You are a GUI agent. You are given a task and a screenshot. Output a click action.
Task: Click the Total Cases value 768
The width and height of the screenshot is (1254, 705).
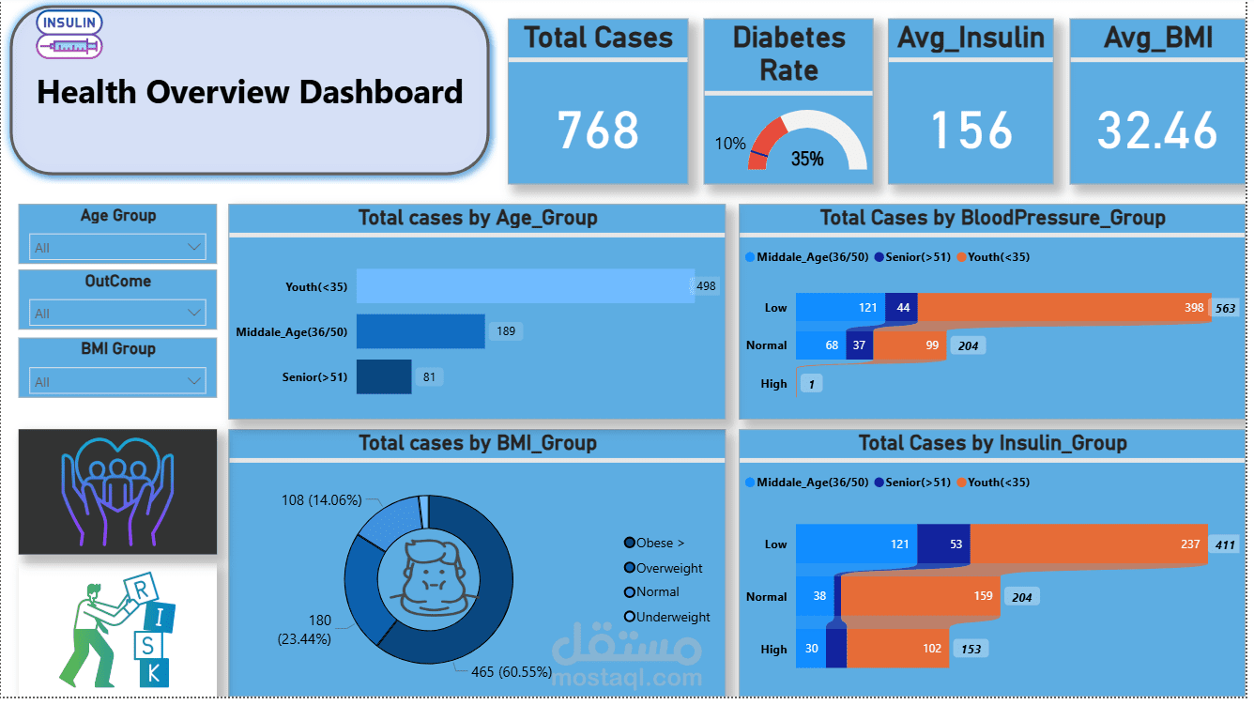point(598,130)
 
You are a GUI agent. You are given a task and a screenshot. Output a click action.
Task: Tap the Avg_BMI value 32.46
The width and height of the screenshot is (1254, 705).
point(1157,130)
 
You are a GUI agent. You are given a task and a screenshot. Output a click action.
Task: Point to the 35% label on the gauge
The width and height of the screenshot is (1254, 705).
point(807,159)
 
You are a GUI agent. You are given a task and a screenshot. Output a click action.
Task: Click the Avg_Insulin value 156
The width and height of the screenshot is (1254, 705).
point(971,130)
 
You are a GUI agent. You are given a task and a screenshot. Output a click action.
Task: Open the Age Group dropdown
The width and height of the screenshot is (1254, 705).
point(118,248)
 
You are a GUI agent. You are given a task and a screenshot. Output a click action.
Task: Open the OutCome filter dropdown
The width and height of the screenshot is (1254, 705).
point(118,314)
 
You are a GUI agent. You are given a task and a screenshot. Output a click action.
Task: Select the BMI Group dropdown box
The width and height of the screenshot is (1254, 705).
point(118,382)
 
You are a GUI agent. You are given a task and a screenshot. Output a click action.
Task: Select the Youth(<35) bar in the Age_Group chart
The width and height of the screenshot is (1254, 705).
point(526,286)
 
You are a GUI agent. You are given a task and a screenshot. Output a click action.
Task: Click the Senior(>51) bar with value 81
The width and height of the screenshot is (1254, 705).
point(384,377)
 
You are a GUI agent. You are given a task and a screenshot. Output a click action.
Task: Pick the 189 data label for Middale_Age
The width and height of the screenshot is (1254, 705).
point(506,331)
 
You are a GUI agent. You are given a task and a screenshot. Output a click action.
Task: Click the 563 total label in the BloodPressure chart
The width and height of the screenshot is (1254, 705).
point(1226,308)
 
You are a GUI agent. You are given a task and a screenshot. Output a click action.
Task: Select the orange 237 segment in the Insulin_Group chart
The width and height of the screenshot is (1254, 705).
point(1089,544)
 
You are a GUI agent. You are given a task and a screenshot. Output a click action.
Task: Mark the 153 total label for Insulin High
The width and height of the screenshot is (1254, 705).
point(970,649)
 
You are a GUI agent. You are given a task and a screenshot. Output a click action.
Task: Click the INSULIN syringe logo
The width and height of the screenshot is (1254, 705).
point(69,35)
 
